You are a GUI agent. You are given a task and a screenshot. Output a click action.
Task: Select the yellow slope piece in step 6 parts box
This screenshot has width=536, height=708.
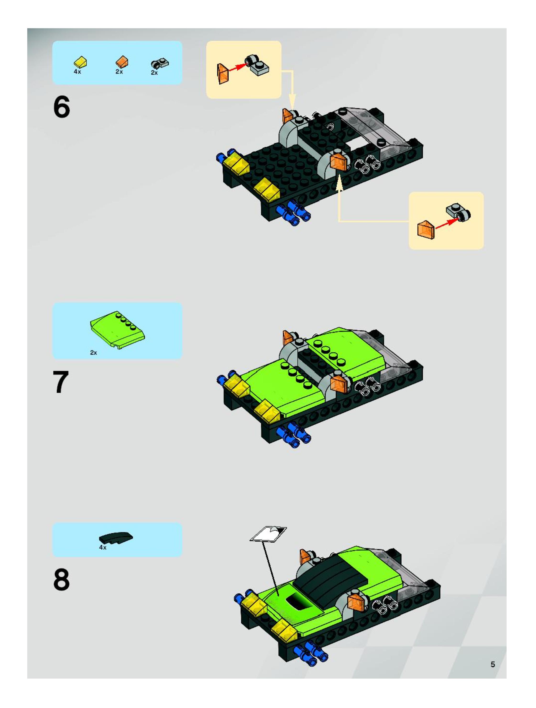pyautogui.click(x=80, y=62)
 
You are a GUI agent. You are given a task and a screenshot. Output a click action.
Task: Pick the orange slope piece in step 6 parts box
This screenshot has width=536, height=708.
pyautogui.click(x=122, y=62)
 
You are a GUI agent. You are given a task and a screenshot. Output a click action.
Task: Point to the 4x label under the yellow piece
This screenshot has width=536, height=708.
pyautogui.click(x=77, y=72)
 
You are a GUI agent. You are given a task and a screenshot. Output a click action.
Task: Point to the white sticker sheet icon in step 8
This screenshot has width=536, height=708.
pyautogui.click(x=268, y=534)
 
